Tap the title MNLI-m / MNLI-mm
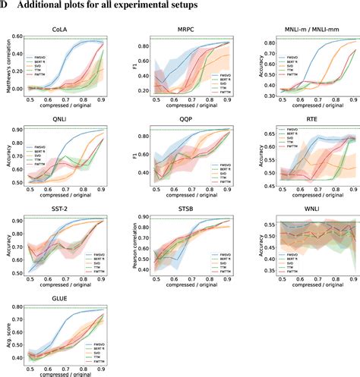click(306, 30)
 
